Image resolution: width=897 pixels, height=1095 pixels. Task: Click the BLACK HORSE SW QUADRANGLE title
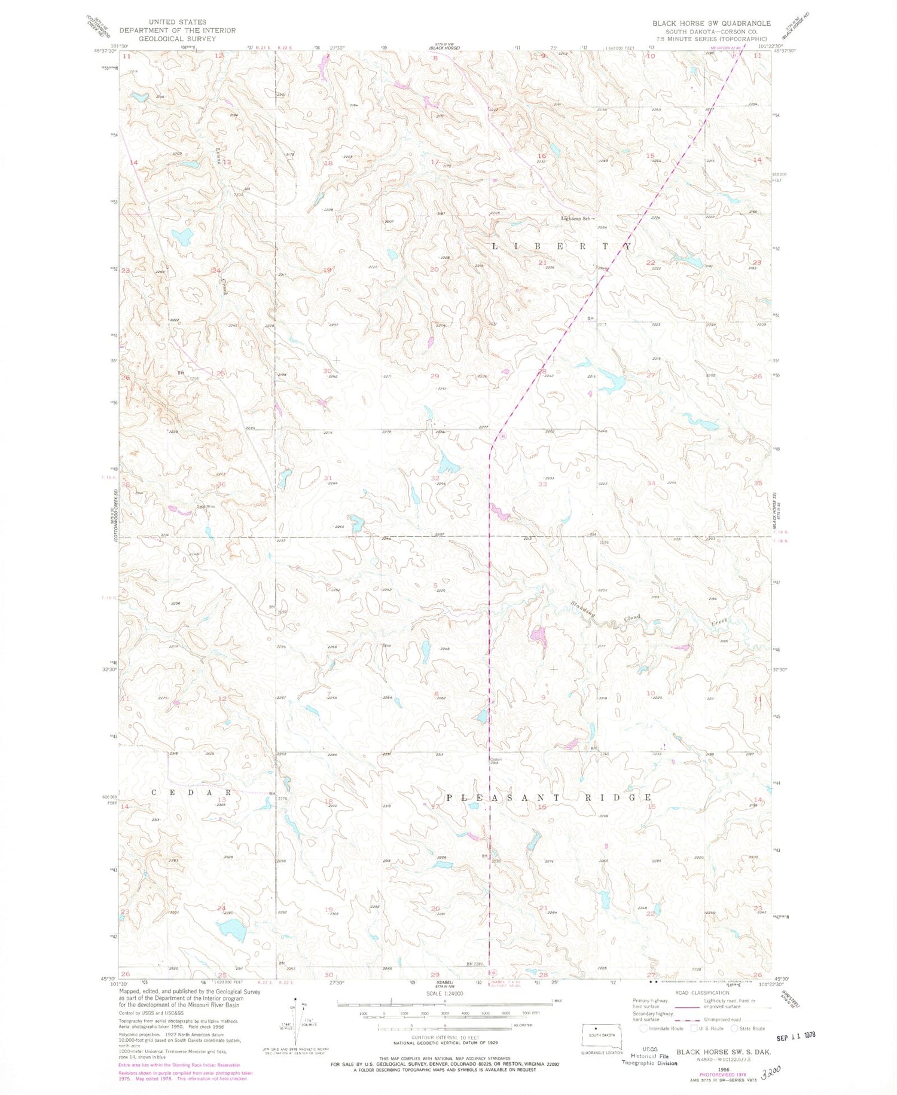[711, 23]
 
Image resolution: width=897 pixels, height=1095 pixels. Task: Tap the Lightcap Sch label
[575, 219]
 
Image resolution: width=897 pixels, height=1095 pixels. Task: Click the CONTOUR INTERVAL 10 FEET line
[445, 1037]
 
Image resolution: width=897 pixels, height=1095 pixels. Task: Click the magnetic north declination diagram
[295, 1023]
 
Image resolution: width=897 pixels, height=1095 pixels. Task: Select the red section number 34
[651, 483]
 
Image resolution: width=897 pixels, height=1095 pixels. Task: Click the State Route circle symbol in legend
[735, 1029]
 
